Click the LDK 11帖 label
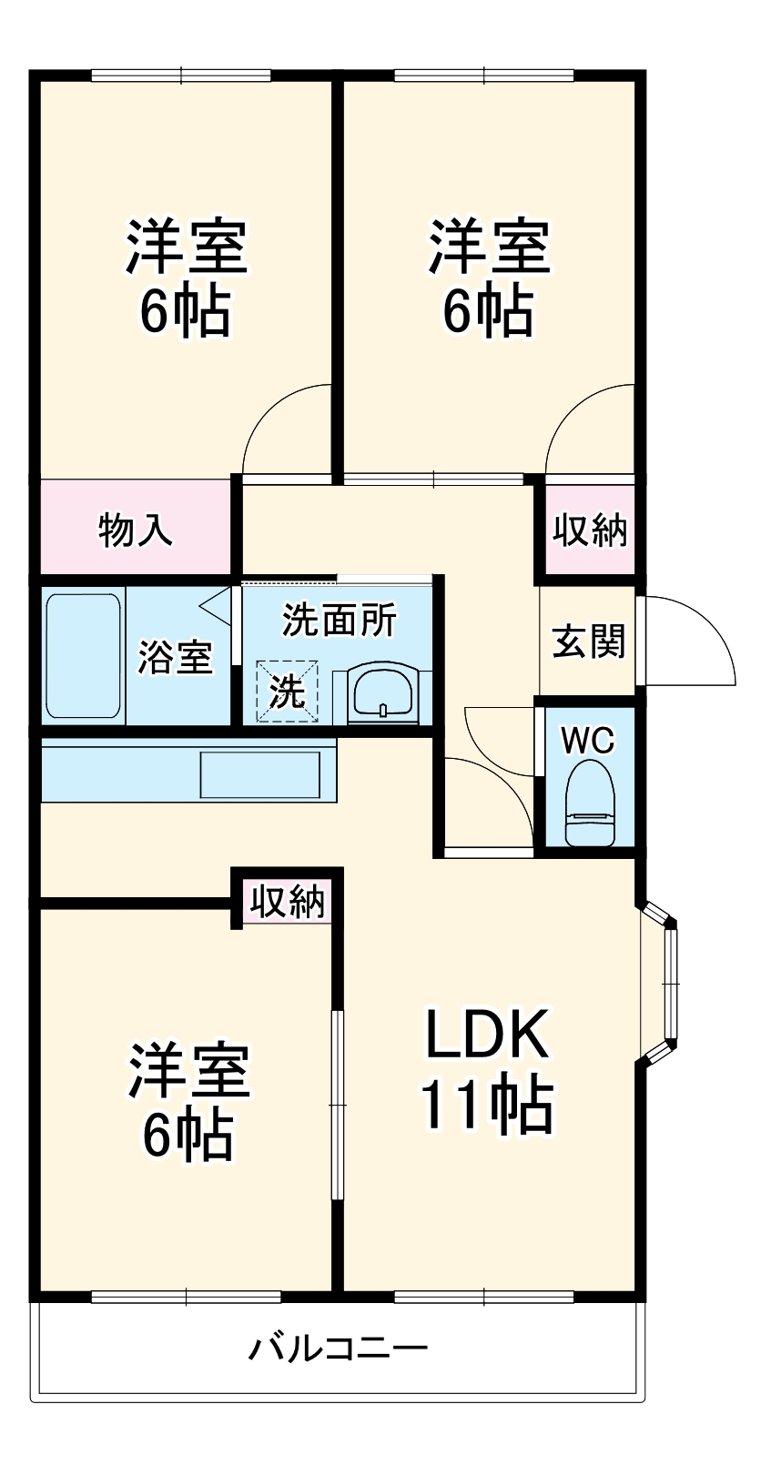pos(487,1070)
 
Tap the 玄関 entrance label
pos(589,642)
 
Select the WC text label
pos(587,741)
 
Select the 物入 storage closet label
pos(136,529)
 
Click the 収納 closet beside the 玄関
pos(590,530)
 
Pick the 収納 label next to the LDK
pos(288,901)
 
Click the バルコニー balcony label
pos(338,1348)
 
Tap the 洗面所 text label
pos(339,621)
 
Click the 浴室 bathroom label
pos(175,657)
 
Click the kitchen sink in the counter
pos(259,774)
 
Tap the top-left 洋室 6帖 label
pos(186,278)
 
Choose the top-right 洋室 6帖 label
pos(489,278)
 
